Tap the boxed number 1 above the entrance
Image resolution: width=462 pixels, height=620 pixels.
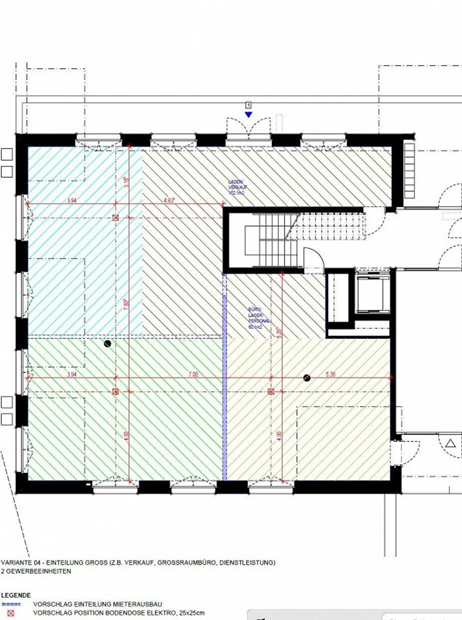[248, 105]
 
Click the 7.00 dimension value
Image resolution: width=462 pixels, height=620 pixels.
[193, 374]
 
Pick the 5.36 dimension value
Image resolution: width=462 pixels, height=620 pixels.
[330, 374]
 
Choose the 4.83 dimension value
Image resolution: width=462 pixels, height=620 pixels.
[169, 200]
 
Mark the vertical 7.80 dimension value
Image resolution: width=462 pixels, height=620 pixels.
[126, 305]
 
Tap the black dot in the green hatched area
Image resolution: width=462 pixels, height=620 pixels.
[107, 344]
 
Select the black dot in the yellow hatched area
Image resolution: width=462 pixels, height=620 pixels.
[307, 378]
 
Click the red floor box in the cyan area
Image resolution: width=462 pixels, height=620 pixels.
[116, 218]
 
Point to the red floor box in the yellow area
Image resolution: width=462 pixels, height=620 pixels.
[271, 391]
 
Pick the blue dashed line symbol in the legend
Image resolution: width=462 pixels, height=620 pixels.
[11, 604]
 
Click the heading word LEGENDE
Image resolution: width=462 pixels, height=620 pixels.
[16, 595]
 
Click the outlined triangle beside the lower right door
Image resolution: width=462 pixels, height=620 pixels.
[451, 444]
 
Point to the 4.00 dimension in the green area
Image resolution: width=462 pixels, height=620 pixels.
[126, 436]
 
